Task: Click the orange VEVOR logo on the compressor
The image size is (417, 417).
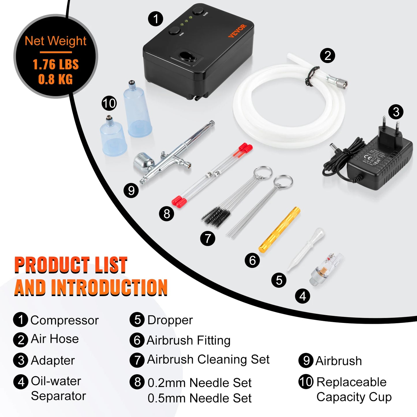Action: coord(237,31)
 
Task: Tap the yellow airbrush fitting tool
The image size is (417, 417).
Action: coord(279,230)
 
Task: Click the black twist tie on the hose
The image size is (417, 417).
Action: coord(312,76)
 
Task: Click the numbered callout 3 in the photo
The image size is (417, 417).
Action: coord(396,112)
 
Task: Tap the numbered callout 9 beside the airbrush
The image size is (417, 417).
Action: coord(131,190)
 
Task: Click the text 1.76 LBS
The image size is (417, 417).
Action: coord(55,64)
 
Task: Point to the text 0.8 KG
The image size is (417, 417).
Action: coord(55,79)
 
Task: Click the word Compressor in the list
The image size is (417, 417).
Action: coord(64,320)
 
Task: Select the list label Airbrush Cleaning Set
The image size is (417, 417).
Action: coord(208,360)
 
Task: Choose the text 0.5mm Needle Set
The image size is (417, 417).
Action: coord(199,398)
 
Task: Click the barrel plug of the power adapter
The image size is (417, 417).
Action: coord(335,148)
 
